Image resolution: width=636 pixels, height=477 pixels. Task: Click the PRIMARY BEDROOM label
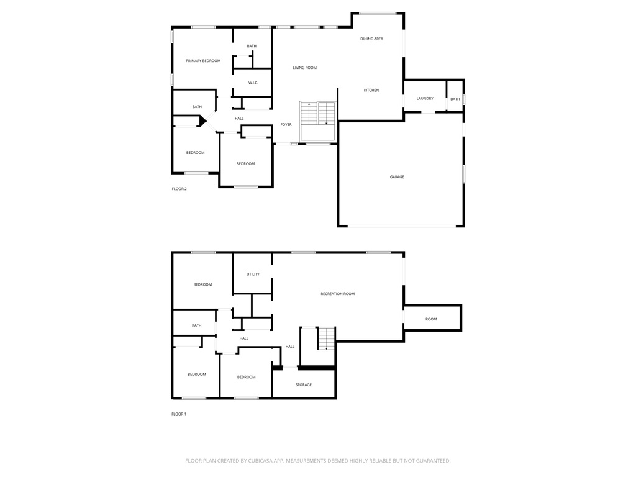[203, 61]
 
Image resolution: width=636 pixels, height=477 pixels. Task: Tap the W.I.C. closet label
[253, 83]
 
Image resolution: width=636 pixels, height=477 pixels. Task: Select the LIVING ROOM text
[305, 68]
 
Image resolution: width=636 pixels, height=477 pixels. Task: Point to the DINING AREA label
[371, 39]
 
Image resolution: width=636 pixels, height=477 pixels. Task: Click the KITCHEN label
[371, 91]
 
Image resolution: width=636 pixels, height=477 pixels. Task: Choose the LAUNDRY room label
[425, 99]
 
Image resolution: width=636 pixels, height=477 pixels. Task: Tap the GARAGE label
[397, 177]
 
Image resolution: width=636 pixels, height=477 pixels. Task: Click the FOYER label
[286, 125]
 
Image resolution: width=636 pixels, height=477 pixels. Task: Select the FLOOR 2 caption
[179, 189]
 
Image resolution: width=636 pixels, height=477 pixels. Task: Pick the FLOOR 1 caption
[179, 414]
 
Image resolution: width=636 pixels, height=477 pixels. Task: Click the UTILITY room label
[253, 274]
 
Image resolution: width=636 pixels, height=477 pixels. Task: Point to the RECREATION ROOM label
[337, 294]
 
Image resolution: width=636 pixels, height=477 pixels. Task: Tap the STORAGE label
[304, 385]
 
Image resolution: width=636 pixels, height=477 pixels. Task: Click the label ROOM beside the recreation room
[431, 319]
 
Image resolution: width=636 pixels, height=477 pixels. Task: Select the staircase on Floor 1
[326, 338]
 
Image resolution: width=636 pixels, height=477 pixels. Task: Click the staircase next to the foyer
[317, 113]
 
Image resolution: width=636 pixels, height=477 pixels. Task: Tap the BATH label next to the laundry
[455, 99]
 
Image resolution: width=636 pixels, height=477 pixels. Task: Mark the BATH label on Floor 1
[197, 325]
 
